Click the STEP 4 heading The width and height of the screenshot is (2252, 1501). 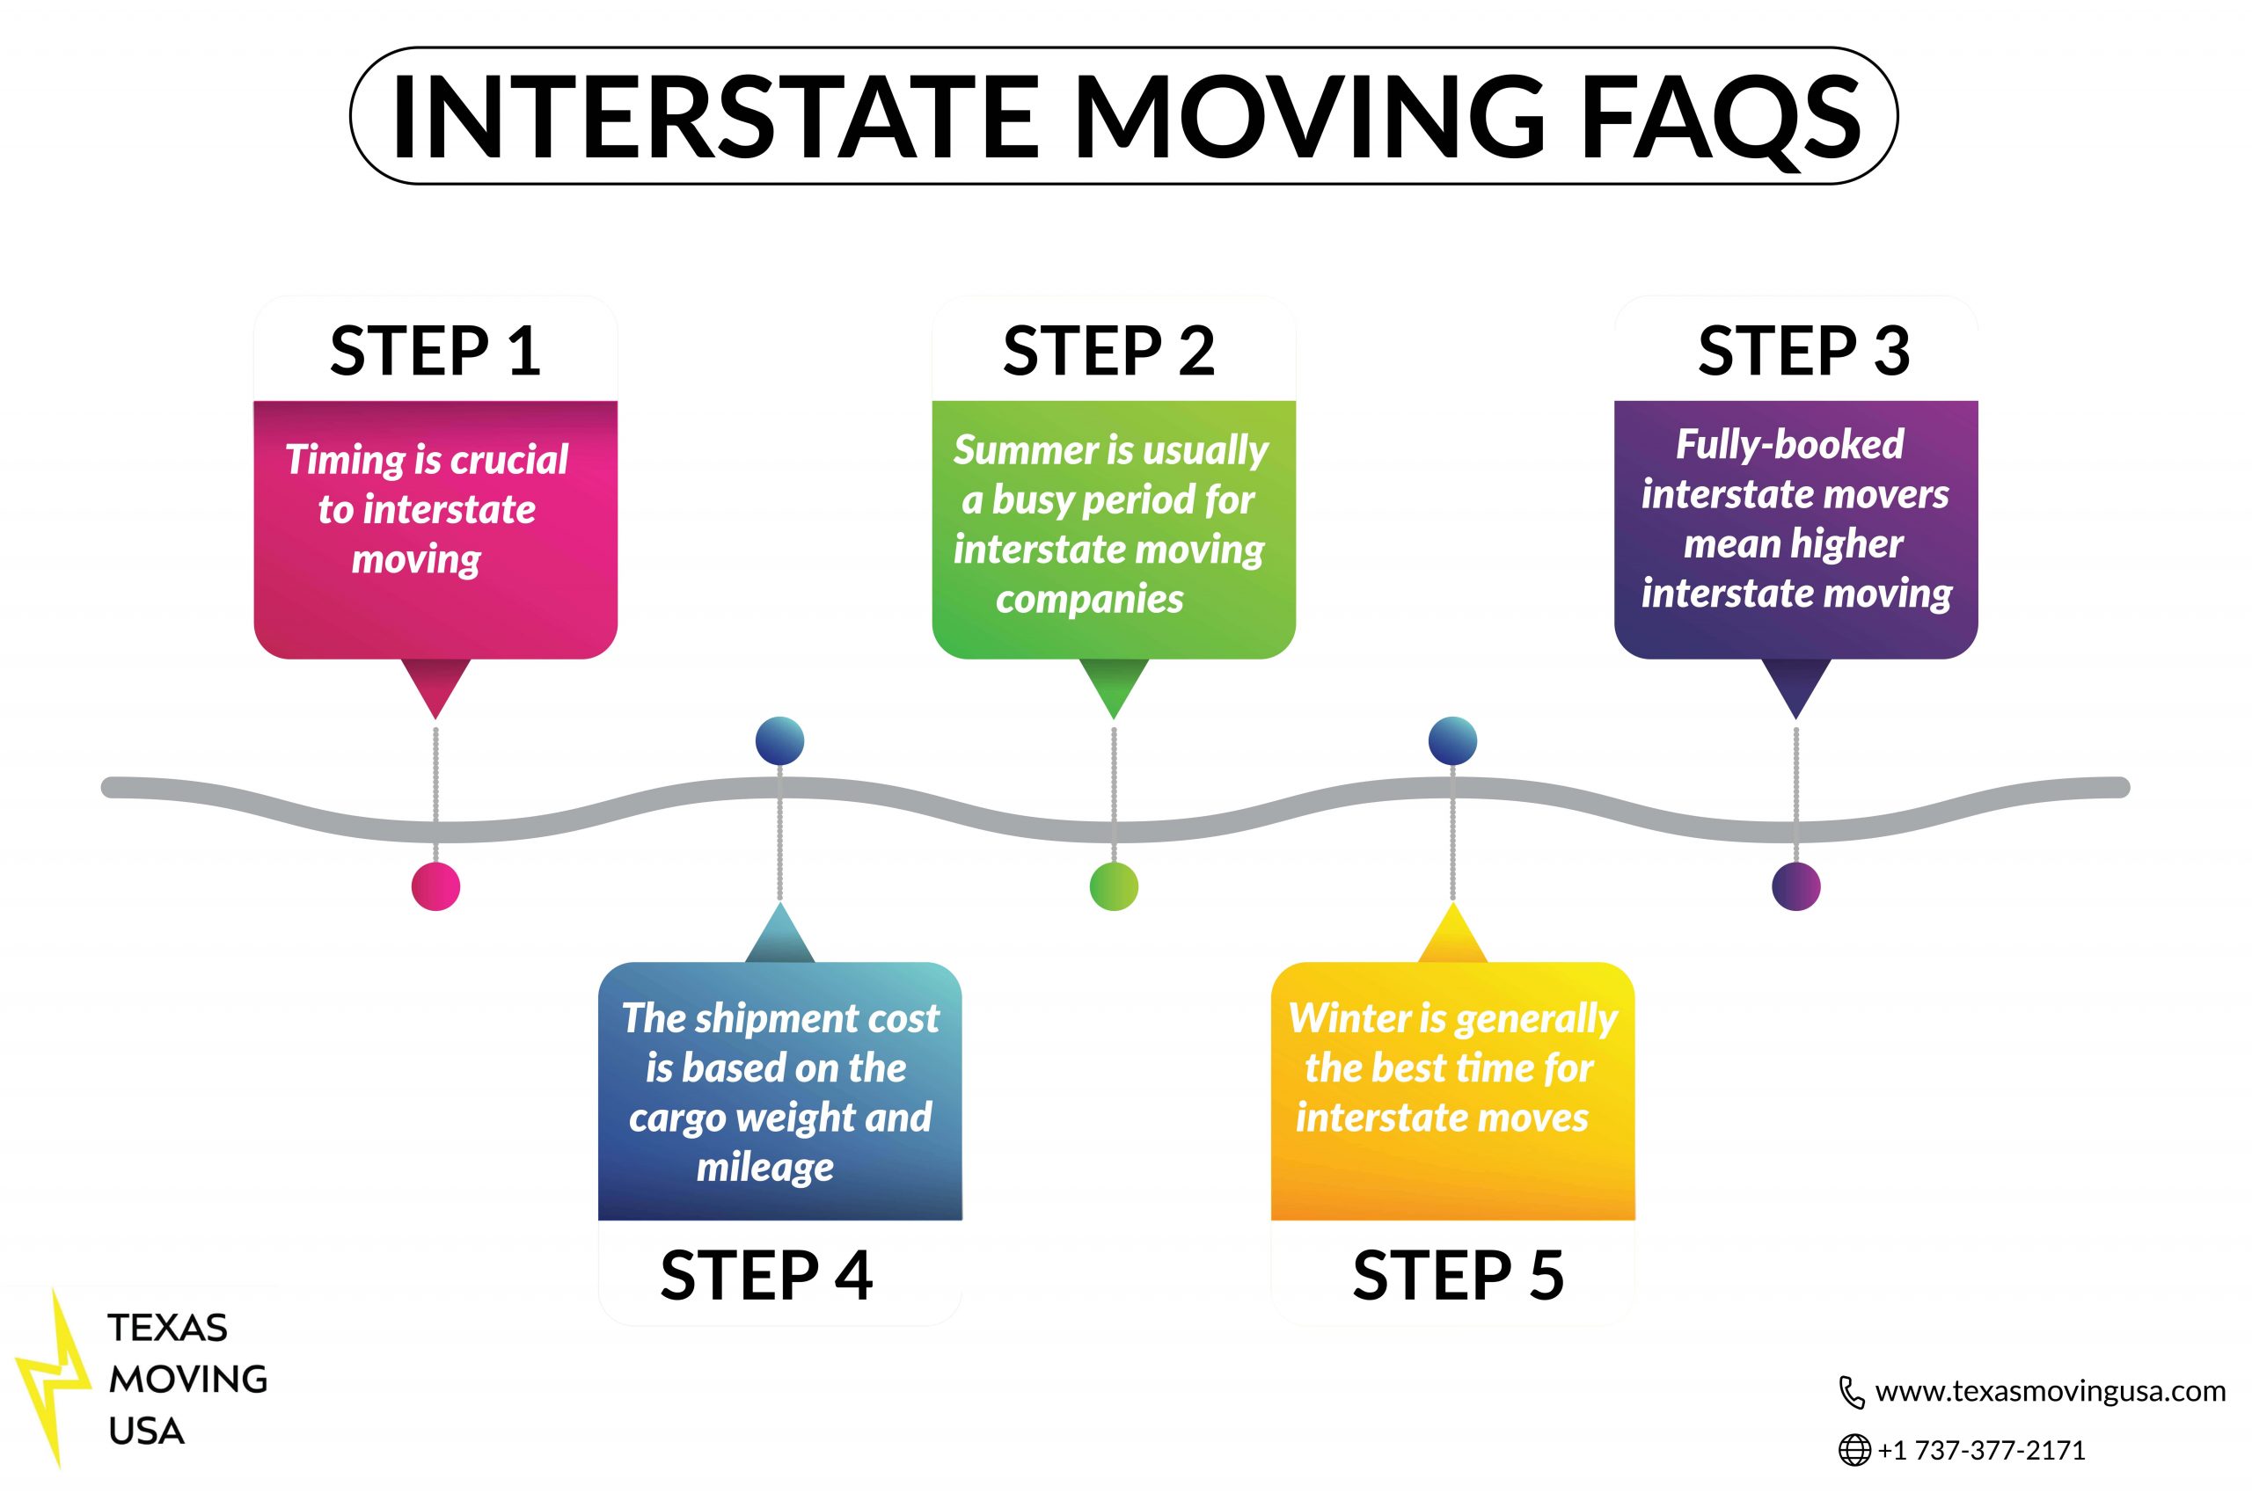[766, 1275]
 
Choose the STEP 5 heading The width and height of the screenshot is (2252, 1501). [1459, 1275]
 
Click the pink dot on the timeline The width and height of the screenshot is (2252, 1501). [435, 886]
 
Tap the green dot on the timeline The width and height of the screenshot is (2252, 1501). [1114, 886]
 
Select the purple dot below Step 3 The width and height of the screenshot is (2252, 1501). [1796, 886]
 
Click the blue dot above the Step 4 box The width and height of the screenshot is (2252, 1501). [779, 741]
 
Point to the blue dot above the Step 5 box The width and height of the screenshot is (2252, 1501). [1452, 741]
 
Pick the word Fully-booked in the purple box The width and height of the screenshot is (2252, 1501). [1789, 445]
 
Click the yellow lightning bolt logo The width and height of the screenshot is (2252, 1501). [54, 1379]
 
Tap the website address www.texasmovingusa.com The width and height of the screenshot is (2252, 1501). [2050, 1391]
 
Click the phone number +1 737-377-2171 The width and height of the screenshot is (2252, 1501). [1981, 1450]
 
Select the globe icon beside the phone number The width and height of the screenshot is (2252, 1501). [1854, 1450]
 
